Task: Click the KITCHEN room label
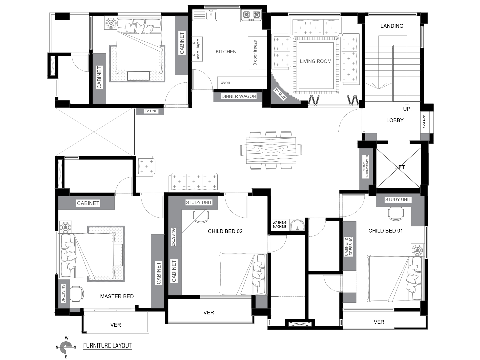(x=226, y=52)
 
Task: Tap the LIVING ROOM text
(x=315, y=61)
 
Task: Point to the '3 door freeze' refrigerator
(x=257, y=53)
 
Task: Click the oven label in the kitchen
(x=225, y=83)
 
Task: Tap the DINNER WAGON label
(x=239, y=96)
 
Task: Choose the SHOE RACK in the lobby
(x=425, y=121)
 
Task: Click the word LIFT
(x=399, y=167)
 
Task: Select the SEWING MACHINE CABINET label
(x=365, y=167)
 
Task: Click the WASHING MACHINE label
(x=279, y=225)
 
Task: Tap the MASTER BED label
(x=117, y=296)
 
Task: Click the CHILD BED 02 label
(x=225, y=231)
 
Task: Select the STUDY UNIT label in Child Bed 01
(x=398, y=199)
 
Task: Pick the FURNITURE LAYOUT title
(x=107, y=346)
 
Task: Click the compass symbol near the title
(x=66, y=347)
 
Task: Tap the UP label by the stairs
(x=407, y=109)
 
